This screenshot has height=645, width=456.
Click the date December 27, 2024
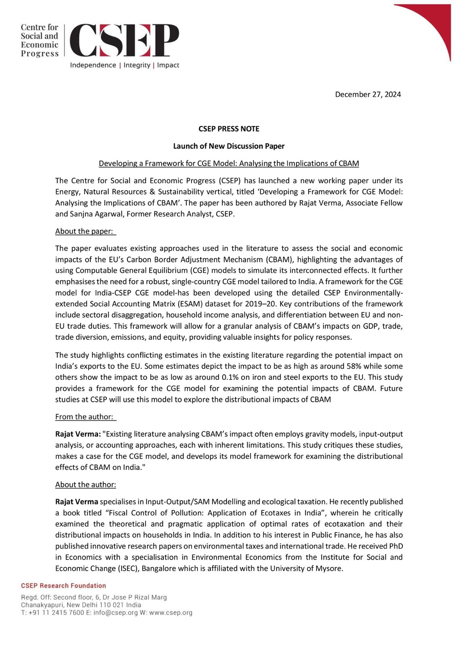368,94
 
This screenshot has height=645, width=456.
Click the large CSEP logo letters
124,40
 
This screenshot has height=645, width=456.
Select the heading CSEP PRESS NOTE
229,129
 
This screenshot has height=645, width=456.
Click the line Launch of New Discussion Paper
229,146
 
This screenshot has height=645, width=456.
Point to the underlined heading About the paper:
85,231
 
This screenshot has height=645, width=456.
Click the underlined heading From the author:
85,417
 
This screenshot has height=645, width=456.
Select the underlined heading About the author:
85,485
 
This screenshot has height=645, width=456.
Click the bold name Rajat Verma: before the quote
78,434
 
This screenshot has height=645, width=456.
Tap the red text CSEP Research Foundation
63,586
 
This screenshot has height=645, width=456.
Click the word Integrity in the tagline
137,65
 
